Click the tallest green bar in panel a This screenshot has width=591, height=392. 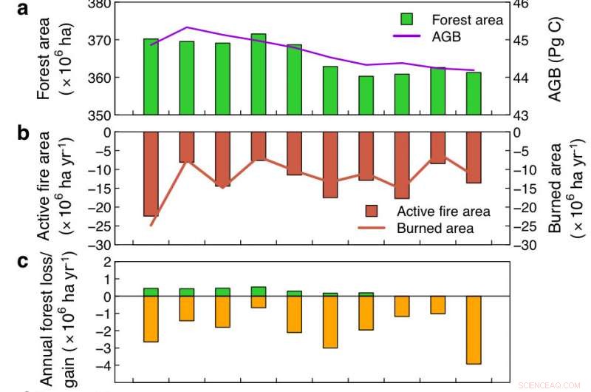(x=259, y=74)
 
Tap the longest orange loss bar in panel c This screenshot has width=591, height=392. (x=473, y=330)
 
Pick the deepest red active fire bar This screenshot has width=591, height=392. (x=151, y=174)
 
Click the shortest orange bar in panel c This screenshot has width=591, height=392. (x=259, y=302)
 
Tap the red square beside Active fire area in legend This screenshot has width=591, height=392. (x=372, y=212)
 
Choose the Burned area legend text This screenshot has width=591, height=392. (x=435, y=229)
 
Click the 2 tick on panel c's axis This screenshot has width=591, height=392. (x=106, y=262)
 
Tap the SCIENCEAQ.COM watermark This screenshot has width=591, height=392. (x=550, y=385)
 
